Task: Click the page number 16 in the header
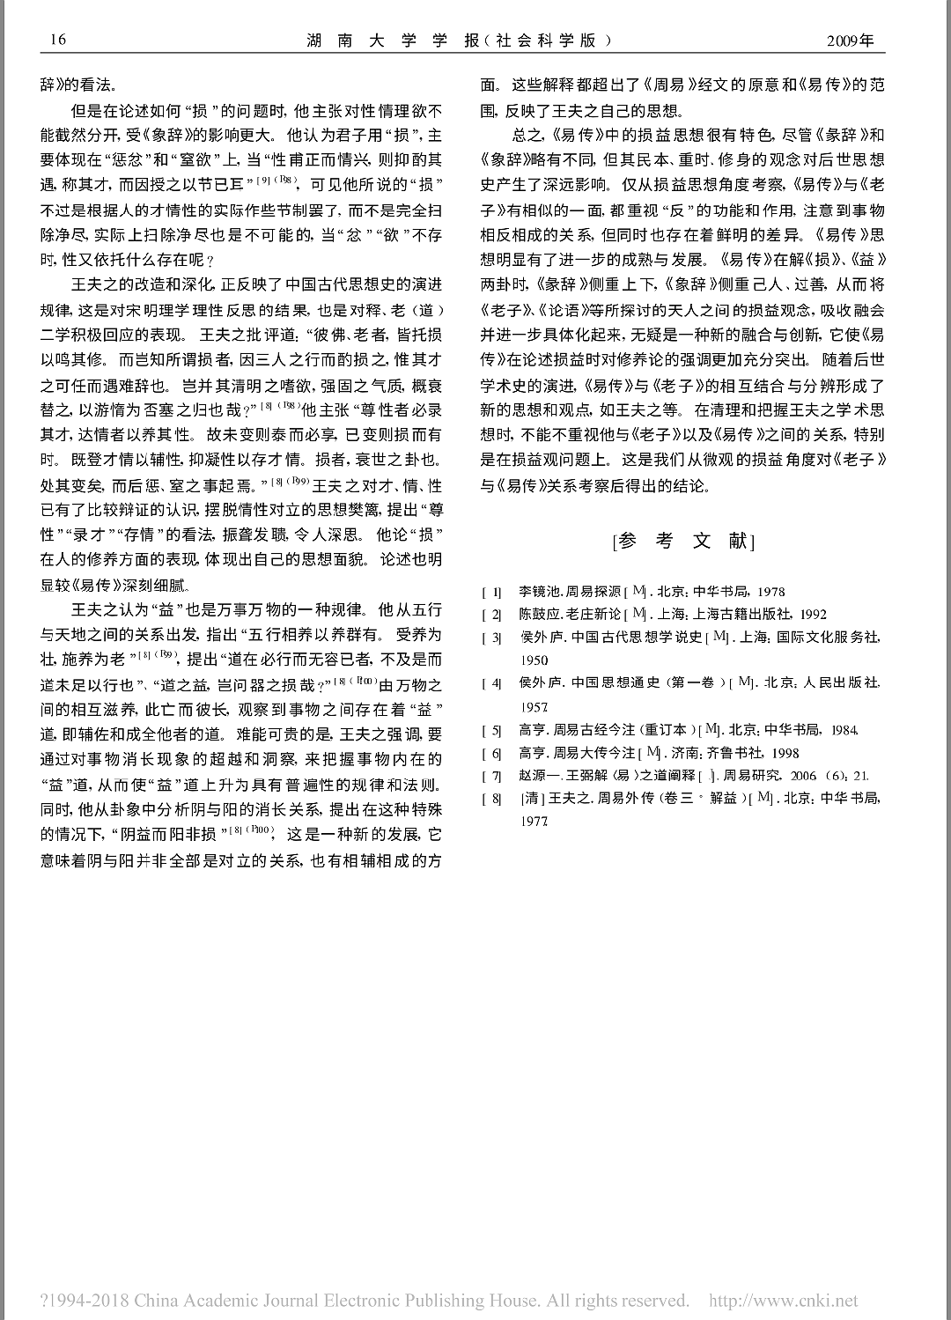(59, 41)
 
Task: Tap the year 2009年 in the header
(850, 41)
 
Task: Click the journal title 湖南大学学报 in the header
(394, 41)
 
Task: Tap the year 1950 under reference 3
(534, 660)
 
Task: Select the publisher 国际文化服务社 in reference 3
(827, 637)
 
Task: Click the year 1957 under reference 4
(534, 706)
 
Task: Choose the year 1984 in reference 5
(842, 730)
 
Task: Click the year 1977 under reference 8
(534, 821)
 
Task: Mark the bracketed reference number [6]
(491, 754)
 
